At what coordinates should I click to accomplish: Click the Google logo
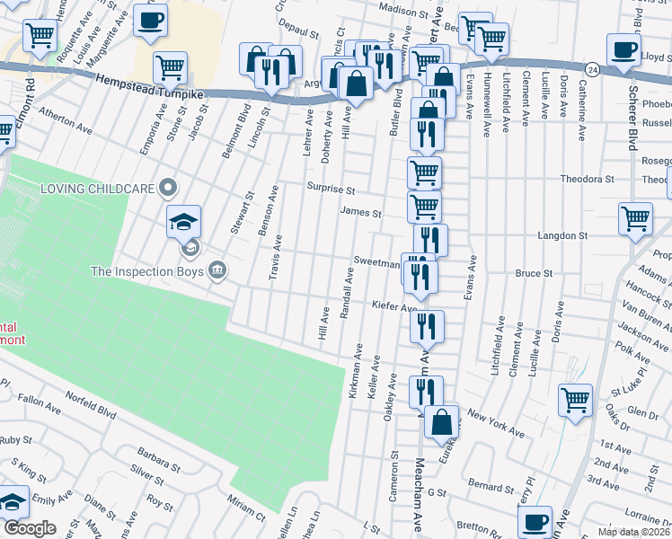[31, 528]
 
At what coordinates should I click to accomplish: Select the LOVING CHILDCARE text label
[96, 190]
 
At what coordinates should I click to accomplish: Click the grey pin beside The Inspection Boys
[217, 269]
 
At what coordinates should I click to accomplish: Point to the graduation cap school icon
[184, 221]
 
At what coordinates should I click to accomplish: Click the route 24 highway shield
[591, 68]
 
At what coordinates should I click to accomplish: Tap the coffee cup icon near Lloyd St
[623, 49]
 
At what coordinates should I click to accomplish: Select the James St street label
[360, 214]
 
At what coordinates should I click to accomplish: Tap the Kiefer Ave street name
[394, 306]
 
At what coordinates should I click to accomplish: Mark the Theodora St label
[587, 179]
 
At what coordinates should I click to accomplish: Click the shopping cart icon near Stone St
[169, 66]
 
